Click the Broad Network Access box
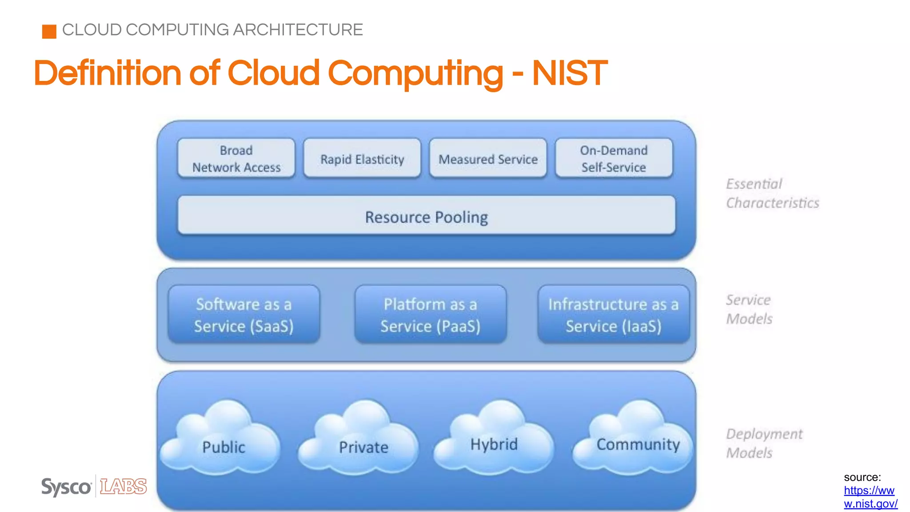pyautogui.click(x=236, y=159)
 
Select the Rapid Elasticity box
pyautogui.click(x=362, y=159)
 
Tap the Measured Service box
pyautogui.click(x=488, y=159)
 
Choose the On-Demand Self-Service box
pyautogui.click(x=614, y=159)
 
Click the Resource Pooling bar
pyautogui.click(x=426, y=216)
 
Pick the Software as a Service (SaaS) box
pyautogui.click(x=243, y=315)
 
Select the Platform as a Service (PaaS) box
pyautogui.click(x=430, y=315)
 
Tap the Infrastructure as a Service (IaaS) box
pyautogui.click(x=613, y=315)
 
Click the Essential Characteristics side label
pyautogui.click(x=772, y=193)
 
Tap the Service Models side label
pyautogui.click(x=749, y=309)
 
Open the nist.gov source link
pyautogui.click(x=870, y=497)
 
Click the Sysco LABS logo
pyautogui.click(x=94, y=487)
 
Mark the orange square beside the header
pyautogui.click(x=49, y=32)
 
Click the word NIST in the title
pyautogui.click(x=570, y=73)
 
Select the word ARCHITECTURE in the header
pyautogui.click(x=298, y=30)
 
